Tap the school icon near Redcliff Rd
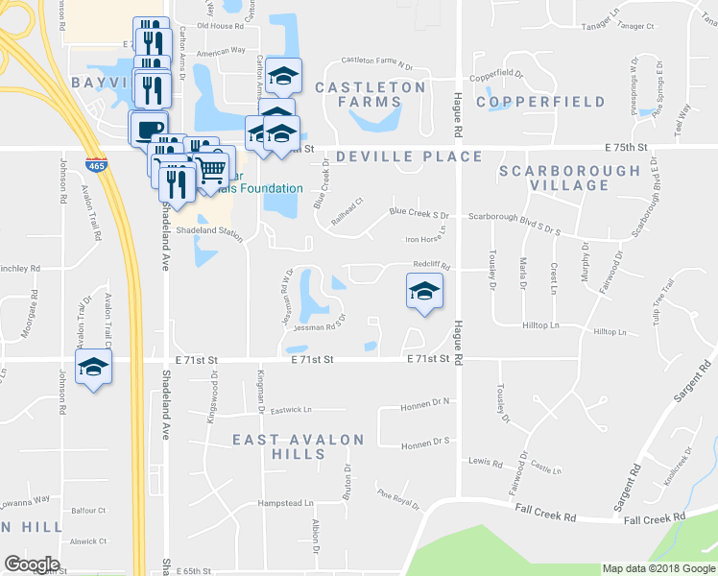423,292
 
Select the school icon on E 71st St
94,367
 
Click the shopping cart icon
211,170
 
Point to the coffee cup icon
148,129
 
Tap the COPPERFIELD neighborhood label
540,102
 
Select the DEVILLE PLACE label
409,156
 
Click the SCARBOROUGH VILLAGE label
569,178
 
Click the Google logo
33,564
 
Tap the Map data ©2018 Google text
658,568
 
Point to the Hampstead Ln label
285,503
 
